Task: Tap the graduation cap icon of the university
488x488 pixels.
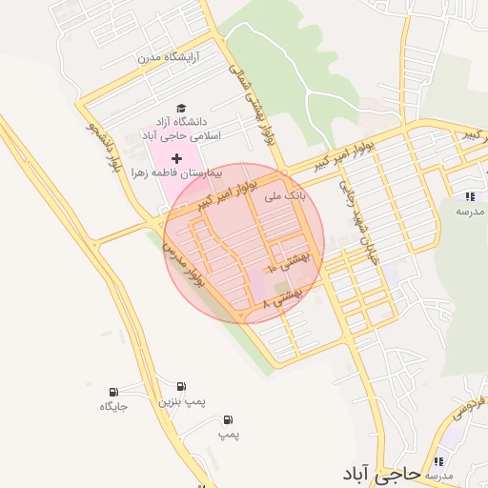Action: (181, 109)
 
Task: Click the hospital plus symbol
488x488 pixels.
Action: (176, 157)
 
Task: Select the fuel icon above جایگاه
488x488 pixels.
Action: (114, 391)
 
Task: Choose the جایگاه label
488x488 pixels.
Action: (113, 407)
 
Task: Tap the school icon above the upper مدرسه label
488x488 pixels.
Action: (469, 195)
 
